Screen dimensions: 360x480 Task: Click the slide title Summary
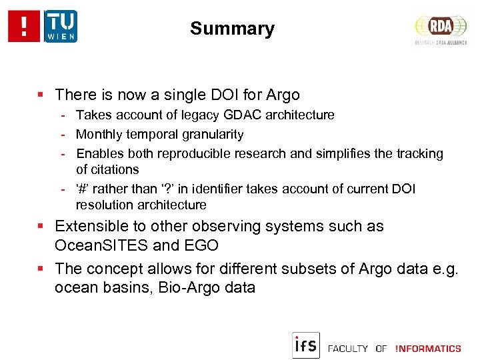232,29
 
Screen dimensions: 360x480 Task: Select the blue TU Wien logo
61,26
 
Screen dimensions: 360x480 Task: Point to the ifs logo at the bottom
306,345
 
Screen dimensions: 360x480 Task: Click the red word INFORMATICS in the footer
428,349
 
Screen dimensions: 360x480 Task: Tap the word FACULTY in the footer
348,349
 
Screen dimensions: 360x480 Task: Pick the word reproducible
204,154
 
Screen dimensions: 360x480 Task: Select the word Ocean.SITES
101,245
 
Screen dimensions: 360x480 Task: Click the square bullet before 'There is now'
41,95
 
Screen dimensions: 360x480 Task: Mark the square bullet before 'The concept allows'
41,269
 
